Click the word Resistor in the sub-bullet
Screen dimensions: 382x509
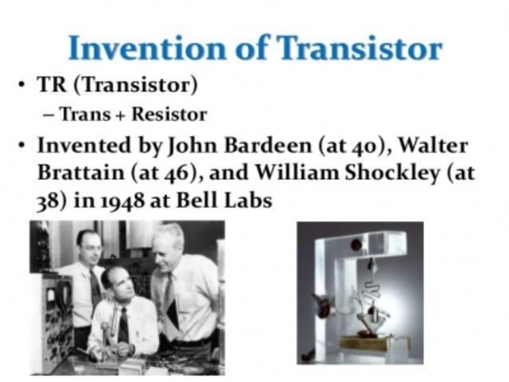click(x=169, y=115)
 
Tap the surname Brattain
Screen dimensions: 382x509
click(x=78, y=173)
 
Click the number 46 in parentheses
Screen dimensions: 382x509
click(x=180, y=173)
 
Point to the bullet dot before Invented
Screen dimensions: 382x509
click(x=24, y=147)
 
